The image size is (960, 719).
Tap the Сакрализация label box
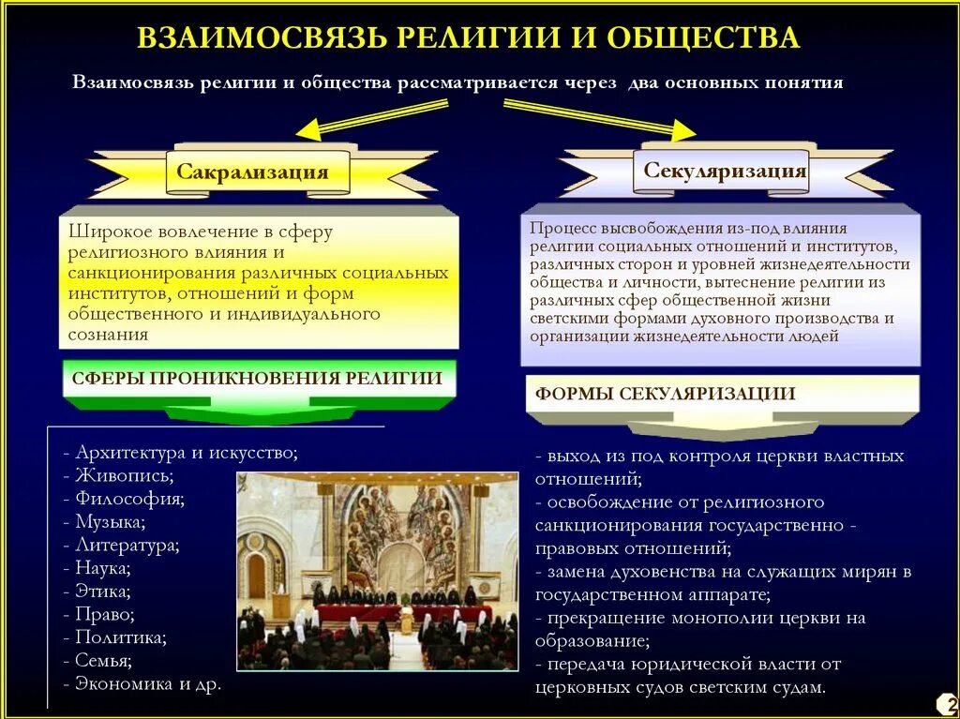(252, 172)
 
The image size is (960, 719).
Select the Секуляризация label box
(725, 172)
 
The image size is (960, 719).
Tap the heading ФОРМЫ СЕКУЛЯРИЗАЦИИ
(666, 394)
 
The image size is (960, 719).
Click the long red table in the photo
(403, 614)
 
